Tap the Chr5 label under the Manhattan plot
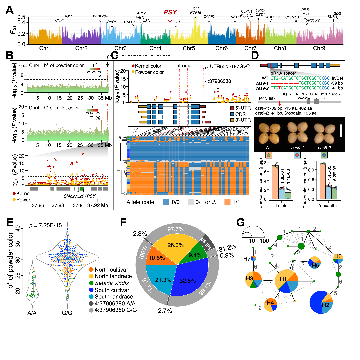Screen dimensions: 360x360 point(189,49)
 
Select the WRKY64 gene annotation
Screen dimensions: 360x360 point(100,16)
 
